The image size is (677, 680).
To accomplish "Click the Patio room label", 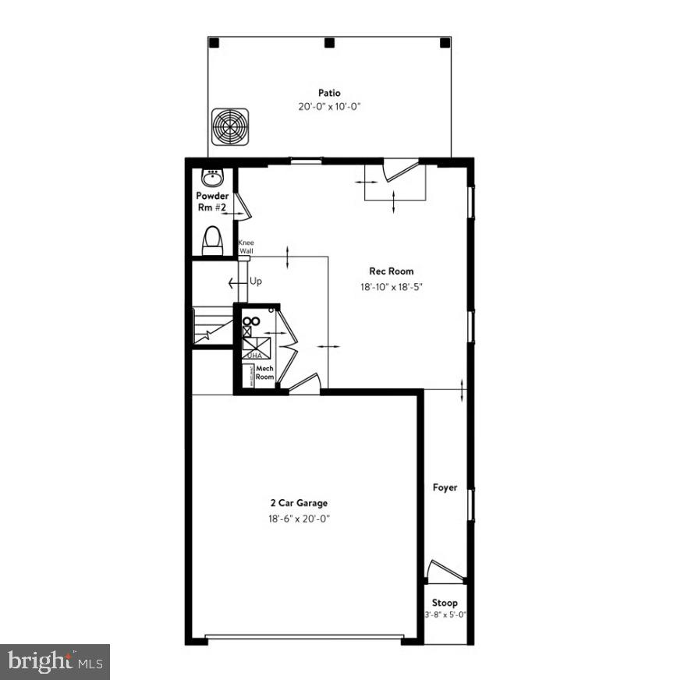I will [329, 93].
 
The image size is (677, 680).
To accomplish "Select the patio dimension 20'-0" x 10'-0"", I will [329, 107].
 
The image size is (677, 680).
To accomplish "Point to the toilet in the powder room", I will [212, 241].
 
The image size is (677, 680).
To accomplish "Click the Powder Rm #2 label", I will [212, 201].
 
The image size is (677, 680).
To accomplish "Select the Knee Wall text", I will [245, 246].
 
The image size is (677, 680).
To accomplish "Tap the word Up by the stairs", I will [255, 281].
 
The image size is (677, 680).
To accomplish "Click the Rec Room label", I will [392, 271].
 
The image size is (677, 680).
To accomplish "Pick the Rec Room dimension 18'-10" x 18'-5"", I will [392, 286].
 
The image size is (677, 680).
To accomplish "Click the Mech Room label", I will [264, 372].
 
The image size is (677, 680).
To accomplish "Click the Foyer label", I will [445, 487].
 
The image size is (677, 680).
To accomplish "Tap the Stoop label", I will [445, 603].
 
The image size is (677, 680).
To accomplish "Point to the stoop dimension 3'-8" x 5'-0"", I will [445, 615].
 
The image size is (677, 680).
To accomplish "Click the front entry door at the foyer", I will [446, 572].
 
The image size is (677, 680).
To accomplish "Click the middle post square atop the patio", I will [329, 42].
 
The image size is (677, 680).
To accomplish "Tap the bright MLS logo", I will [55, 662].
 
